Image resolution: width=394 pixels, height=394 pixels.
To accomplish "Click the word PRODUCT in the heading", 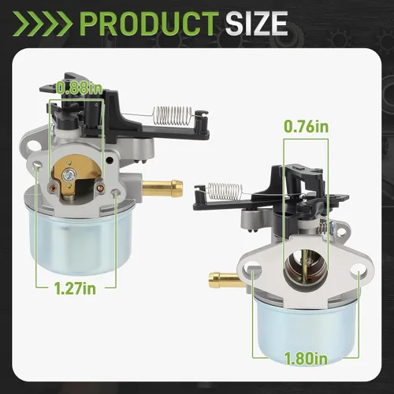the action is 148,24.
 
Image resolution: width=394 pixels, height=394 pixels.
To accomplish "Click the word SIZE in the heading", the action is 256,24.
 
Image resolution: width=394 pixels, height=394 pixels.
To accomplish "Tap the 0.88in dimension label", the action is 80,88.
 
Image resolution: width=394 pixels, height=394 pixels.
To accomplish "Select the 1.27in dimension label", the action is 75,288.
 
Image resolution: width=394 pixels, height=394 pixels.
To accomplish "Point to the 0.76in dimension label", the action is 307,127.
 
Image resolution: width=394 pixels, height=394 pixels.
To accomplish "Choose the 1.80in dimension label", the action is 307,359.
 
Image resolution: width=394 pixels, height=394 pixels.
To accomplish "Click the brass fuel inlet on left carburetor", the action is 162,188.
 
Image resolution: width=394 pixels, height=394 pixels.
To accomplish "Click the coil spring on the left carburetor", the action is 173,116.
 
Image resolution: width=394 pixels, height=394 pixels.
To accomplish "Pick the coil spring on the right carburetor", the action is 225,191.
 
